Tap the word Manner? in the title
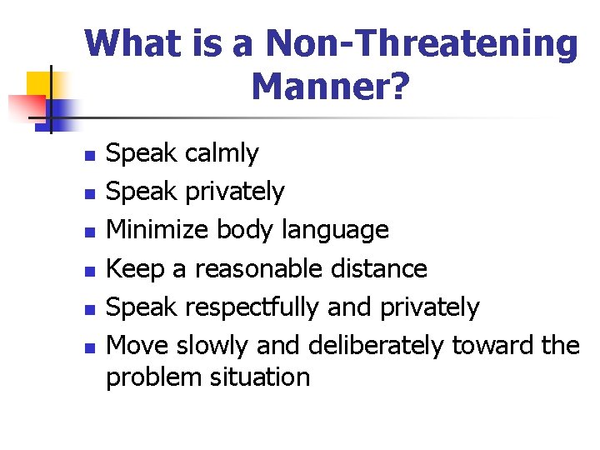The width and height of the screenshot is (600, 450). (x=330, y=85)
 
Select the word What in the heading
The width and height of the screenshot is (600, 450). (x=132, y=43)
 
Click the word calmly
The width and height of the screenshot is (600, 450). (x=222, y=153)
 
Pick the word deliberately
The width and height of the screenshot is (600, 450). (x=376, y=345)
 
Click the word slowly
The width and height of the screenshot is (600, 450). (x=213, y=345)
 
